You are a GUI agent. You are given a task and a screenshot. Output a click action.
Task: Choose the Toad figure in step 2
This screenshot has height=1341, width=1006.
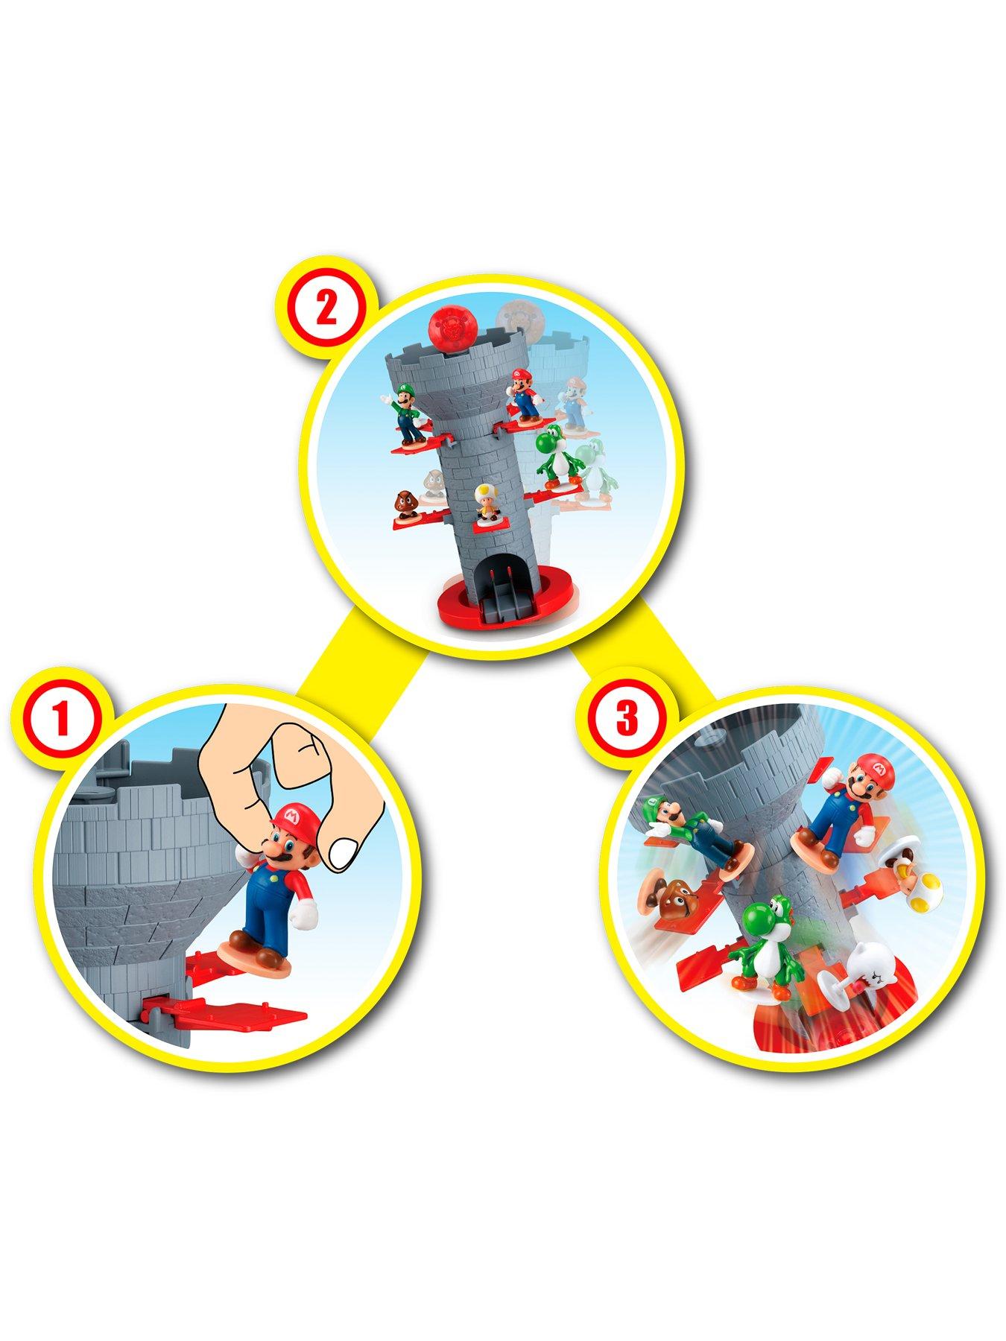[487, 503]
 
